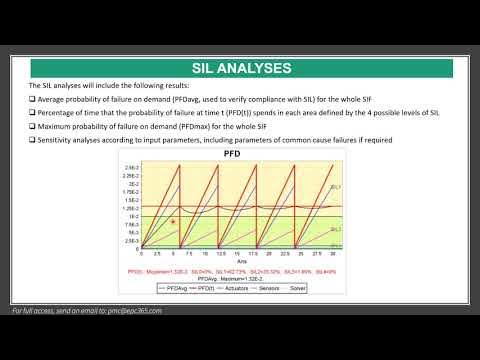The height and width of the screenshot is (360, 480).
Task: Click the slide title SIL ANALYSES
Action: (x=240, y=68)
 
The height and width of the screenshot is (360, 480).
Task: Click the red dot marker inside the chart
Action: (x=173, y=222)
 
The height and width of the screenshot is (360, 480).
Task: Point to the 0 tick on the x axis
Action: (x=146, y=253)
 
